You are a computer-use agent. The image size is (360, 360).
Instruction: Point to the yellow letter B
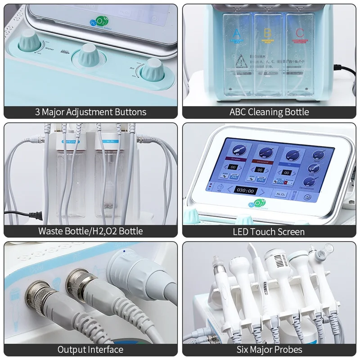click(x=267, y=32)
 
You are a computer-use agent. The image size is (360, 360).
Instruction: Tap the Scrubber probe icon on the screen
click(x=238, y=150)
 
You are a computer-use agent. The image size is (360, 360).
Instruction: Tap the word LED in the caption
click(x=241, y=232)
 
